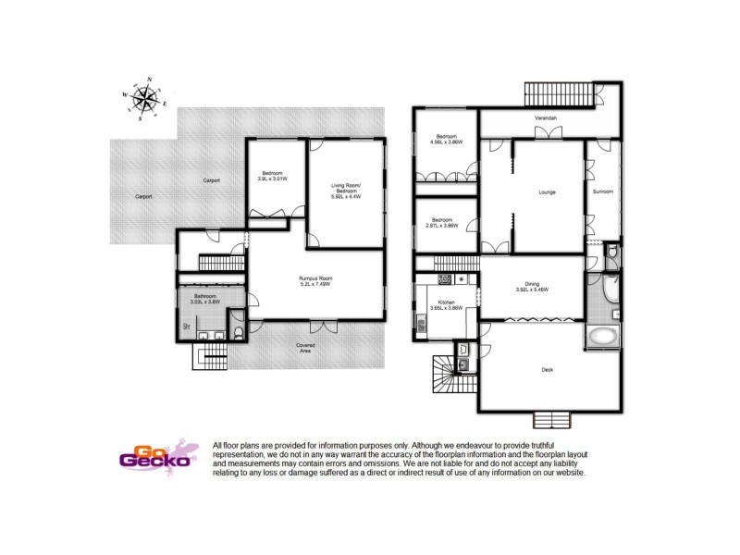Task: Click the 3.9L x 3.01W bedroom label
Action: pyautogui.click(x=272, y=176)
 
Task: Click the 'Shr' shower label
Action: pyautogui.click(x=187, y=327)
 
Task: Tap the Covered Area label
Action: pyautogui.click(x=304, y=348)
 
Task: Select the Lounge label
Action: pyautogui.click(x=546, y=192)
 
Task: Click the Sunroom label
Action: pyautogui.click(x=602, y=191)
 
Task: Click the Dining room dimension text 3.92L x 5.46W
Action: pyautogui.click(x=532, y=288)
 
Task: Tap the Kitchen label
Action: pyautogui.click(x=446, y=304)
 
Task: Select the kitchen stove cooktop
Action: pyautogui.click(x=445, y=277)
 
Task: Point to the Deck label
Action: pyautogui.click(x=547, y=370)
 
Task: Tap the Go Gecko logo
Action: pyautogui.click(x=156, y=454)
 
